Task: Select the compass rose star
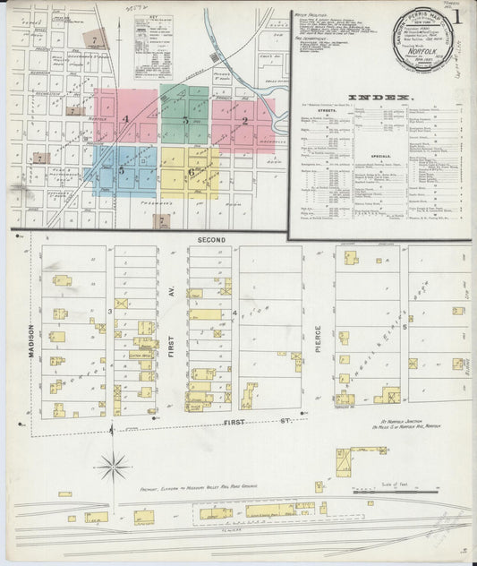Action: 113,464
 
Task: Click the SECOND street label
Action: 211,240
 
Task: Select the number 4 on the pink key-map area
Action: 126,119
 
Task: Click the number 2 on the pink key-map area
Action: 244,120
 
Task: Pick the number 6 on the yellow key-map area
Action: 191,172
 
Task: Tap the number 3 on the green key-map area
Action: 185,119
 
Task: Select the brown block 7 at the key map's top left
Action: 94,39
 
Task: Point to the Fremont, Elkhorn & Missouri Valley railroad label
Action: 199,486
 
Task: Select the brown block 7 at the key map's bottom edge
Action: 162,219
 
